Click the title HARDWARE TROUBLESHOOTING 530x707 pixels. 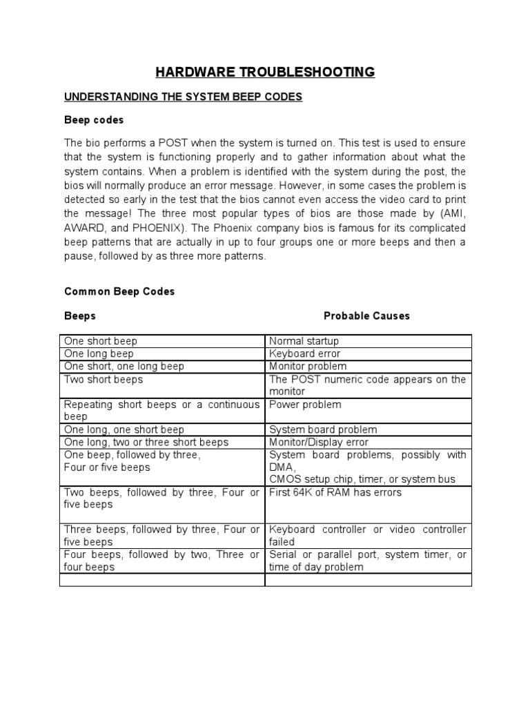(x=264, y=72)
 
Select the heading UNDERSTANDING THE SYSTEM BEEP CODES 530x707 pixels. (x=184, y=97)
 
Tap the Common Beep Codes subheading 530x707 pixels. (x=119, y=291)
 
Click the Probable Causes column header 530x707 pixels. (x=366, y=316)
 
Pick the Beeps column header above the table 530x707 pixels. (x=80, y=316)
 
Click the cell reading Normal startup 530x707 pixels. (x=304, y=341)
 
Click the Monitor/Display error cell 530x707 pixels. (x=319, y=442)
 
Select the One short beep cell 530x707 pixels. (x=101, y=341)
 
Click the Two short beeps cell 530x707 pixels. (x=104, y=379)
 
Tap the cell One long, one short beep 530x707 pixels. (x=124, y=429)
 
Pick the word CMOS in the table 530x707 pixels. (x=284, y=479)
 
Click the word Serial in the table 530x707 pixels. (x=283, y=554)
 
